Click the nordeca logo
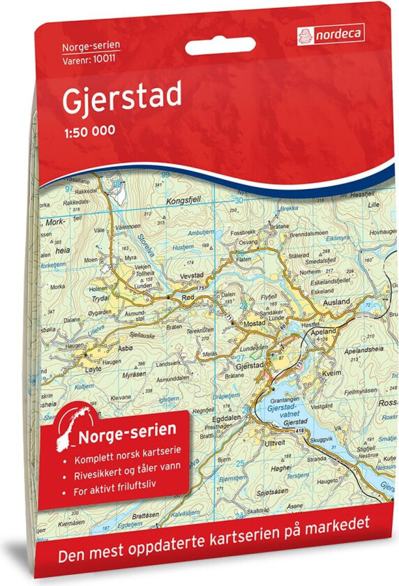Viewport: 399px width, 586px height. point(333,31)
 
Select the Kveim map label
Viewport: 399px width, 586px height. point(327,375)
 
